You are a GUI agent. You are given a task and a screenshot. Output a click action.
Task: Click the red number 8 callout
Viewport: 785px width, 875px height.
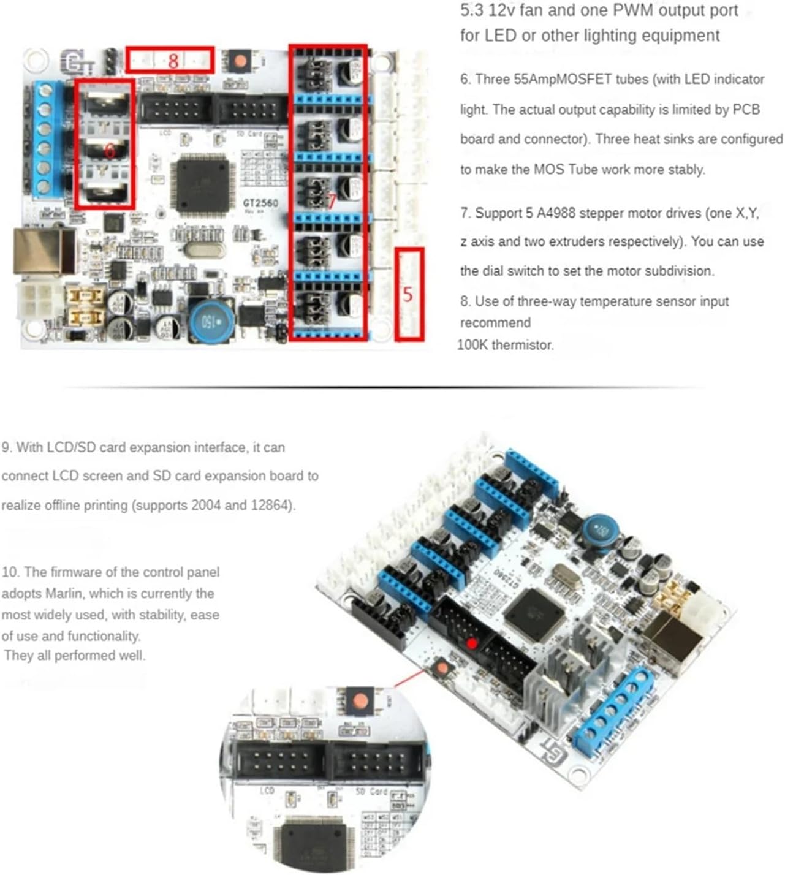point(173,60)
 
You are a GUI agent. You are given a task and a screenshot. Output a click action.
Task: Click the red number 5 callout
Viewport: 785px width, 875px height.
point(408,295)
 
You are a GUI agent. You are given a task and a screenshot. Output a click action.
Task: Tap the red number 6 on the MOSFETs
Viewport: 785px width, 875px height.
point(110,150)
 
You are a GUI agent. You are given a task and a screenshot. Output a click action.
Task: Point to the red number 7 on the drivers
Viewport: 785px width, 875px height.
point(332,201)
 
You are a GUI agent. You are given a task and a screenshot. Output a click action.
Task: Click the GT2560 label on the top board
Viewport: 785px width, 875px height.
point(260,203)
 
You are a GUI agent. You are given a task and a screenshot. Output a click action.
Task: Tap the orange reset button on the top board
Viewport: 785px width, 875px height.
point(240,61)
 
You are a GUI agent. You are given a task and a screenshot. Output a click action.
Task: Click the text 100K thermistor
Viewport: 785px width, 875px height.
point(506,345)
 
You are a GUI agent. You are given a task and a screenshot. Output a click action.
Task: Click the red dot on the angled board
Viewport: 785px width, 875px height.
point(472,643)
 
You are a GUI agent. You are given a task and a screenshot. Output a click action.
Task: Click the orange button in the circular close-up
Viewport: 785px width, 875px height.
point(362,700)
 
